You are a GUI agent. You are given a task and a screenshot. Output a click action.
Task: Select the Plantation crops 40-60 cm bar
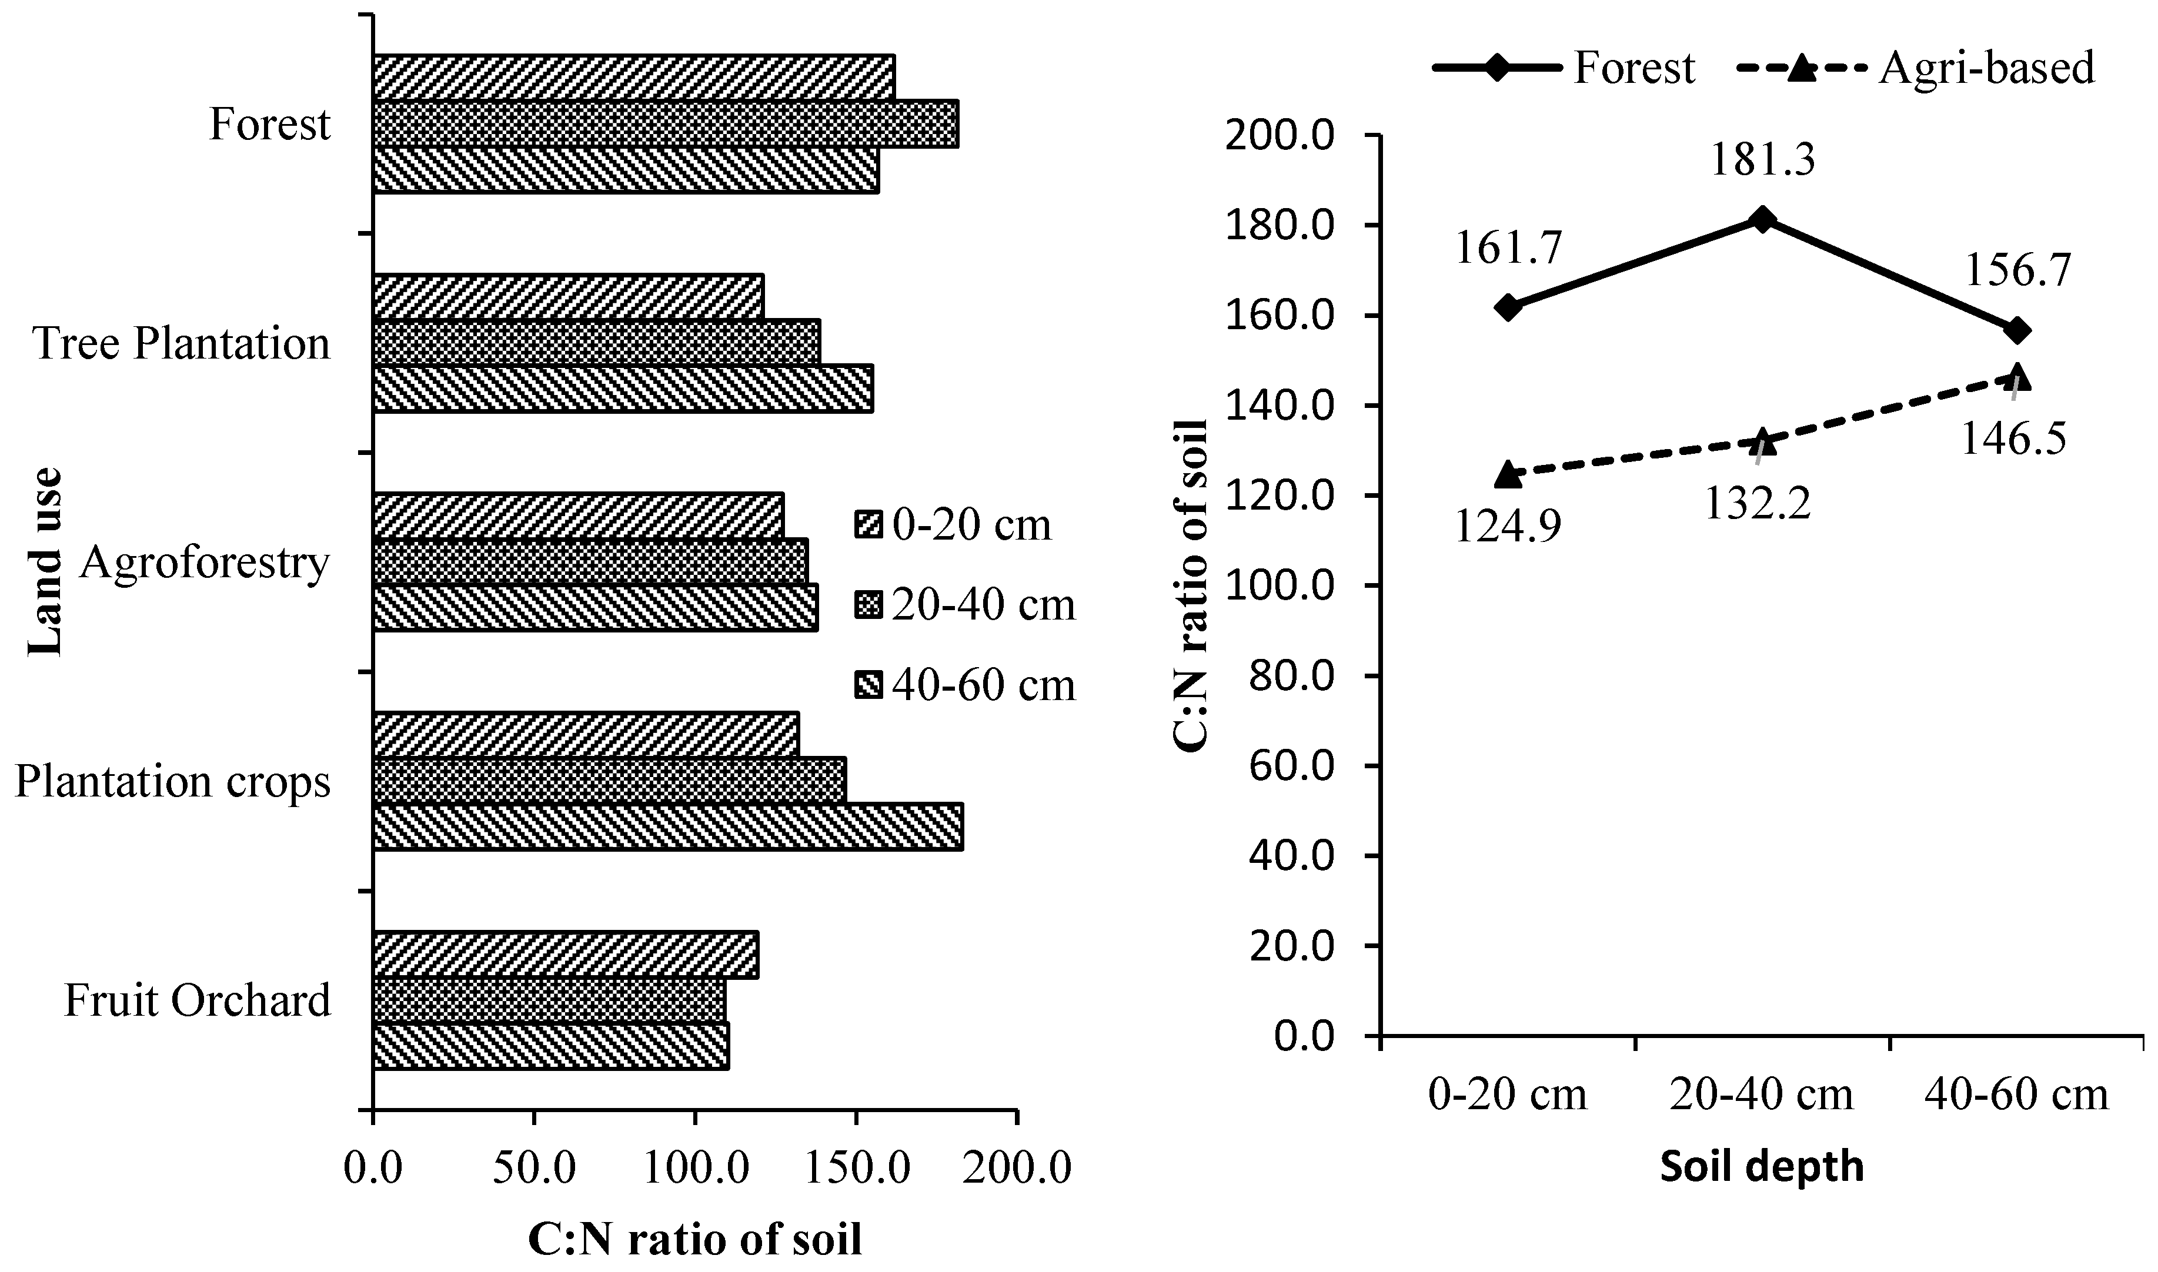pos(668,826)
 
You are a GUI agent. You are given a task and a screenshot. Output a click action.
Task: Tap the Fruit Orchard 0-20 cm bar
pos(566,955)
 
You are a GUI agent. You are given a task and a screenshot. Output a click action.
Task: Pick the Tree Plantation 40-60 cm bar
pos(623,389)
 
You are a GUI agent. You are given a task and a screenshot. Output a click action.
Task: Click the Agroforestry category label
pos(204,563)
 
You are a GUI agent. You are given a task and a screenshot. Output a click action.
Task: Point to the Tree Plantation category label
pos(181,344)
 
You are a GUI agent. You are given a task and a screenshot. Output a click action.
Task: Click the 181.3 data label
pos(1763,159)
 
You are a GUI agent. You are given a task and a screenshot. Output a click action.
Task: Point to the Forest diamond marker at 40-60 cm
pos(2017,330)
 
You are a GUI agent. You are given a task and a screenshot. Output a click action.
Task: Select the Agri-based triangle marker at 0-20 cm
pos(1508,474)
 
